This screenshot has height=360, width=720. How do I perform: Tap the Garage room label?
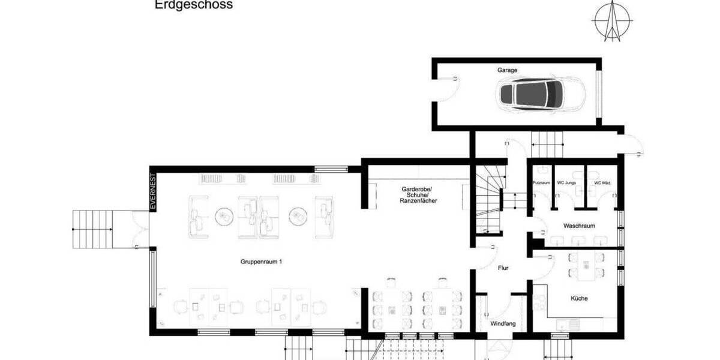click(x=507, y=70)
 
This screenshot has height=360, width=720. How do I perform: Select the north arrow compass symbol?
click(x=613, y=20)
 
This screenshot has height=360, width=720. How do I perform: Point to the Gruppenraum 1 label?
click(x=261, y=262)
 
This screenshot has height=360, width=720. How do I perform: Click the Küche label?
click(x=579, y=298)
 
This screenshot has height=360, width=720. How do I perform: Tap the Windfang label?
click(x=503, y=324)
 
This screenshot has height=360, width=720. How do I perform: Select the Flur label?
click(x=503, y=268)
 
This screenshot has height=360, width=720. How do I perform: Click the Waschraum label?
click(x=578, y=226)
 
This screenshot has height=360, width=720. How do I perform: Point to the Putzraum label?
click(x=541, y=182)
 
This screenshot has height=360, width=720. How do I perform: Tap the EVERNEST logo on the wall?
click(x=153, y=191)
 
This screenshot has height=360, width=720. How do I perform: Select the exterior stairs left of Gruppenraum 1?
click(x=93, y=229)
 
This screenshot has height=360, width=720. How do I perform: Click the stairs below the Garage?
click(x=548, y=145)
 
